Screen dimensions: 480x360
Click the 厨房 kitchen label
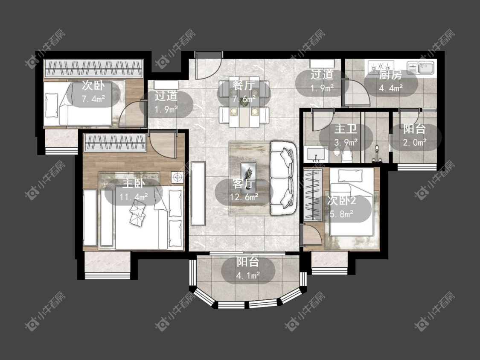(x=390, y=75)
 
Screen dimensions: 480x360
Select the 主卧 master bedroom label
(x=134, y=183)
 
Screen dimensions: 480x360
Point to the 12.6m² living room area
(x=244, y=197)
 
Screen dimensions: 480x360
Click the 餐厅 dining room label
(x=243, y=85)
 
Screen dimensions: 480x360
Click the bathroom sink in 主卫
(x=315, y=155)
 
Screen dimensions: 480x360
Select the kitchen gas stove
(x=381, y=67)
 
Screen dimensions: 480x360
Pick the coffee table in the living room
(x=248, y=174)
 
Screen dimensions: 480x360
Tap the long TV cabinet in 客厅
(x=198, y=194)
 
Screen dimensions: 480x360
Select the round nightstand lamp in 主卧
(x=177, y=177)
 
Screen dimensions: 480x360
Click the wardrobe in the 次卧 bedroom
(x=93, y=68)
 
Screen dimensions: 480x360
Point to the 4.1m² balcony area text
(x=248, y=276)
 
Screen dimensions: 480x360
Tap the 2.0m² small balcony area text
(x=415, y=143)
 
